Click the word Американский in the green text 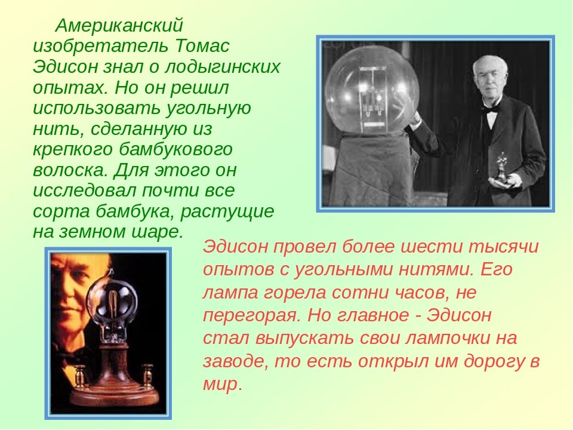pos(119,26)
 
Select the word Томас pos(202,46)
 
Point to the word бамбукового pos(175,149)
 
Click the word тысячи pos(503,247)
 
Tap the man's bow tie pos(491,108)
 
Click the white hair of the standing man pos(491,66)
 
